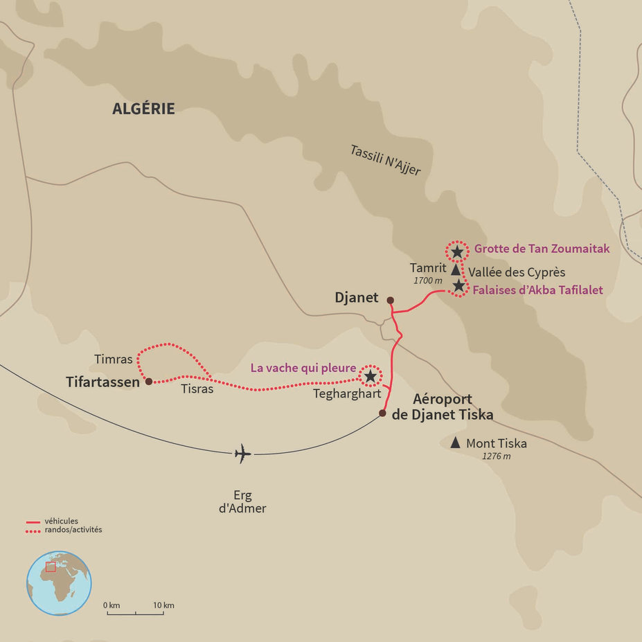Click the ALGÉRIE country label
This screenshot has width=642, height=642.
coord(143,109)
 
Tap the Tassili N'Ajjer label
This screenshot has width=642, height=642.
coord(385,160)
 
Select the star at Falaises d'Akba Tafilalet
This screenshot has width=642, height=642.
coord(458,285)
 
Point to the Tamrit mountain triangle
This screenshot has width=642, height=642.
coord(455,269)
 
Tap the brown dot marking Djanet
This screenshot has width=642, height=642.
coord(390,301)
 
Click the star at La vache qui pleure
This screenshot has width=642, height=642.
coord(370,375)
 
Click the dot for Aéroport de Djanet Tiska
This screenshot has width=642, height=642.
coord(382,413)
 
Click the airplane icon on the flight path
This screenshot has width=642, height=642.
coord(242,454)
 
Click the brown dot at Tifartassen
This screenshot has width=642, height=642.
coord(148,381)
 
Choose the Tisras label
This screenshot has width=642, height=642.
coord(197,389)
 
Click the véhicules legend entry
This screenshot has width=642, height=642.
coord(61,521)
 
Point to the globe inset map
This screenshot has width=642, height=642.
coord(59,583)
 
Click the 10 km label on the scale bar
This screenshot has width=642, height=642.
coord(164,605)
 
